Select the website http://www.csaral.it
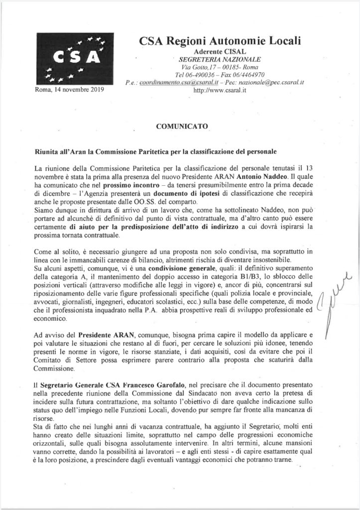coord(217,92)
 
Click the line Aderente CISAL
coord(217,52)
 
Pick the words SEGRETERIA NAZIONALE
coord(217,59)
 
